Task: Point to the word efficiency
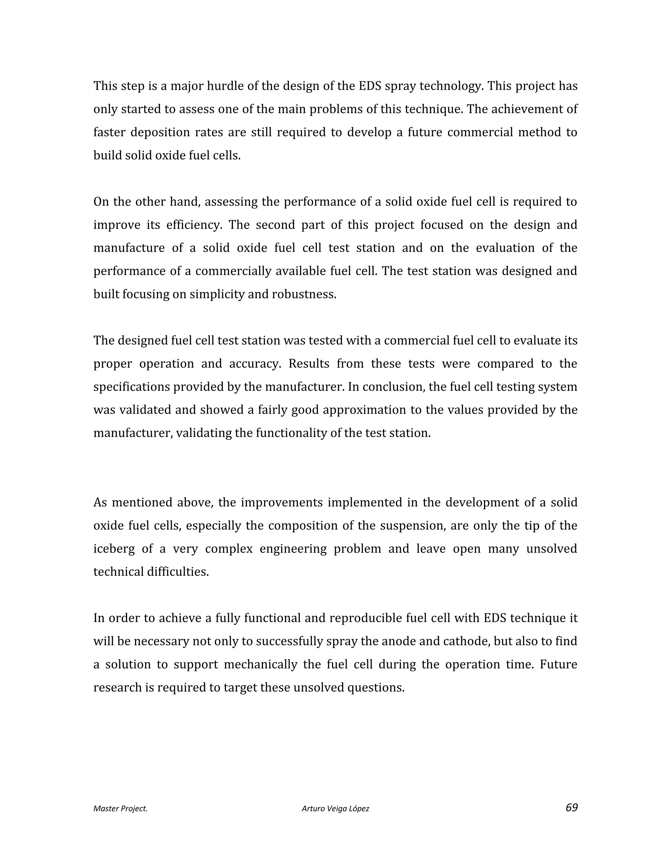coord(194,225)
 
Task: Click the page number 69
coord(571,808)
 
